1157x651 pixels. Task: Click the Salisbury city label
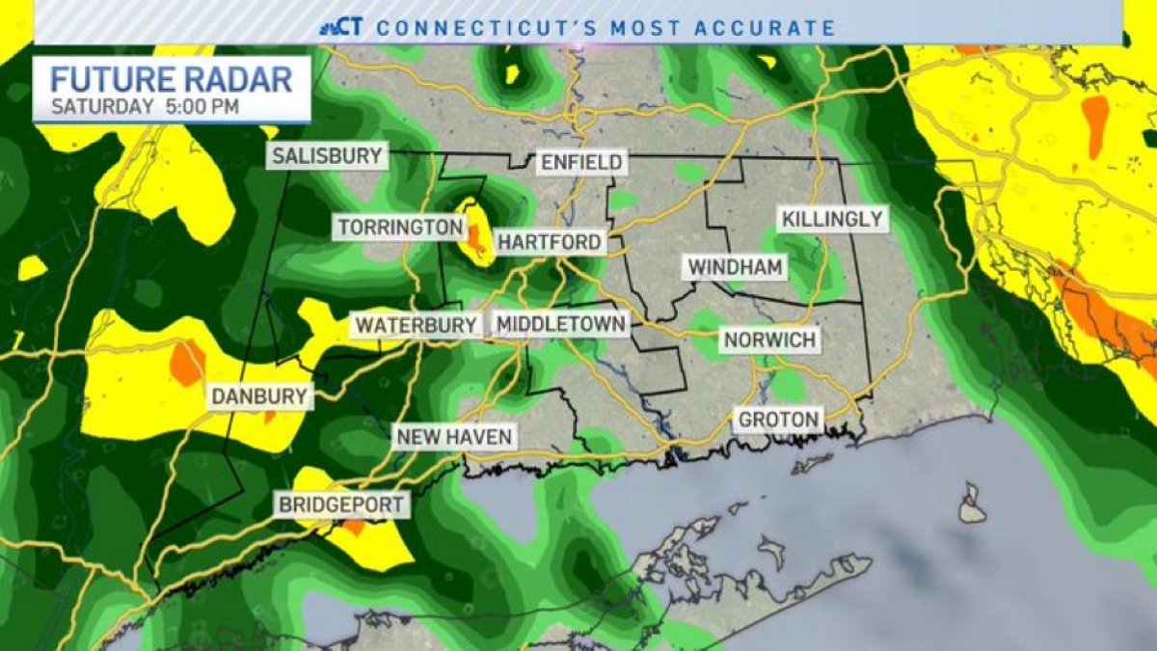[x=328, y=156]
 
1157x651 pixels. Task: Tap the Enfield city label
[x=581, y=162]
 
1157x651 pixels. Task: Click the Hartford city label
[x=550, y=241]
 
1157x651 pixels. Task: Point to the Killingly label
[x=832, y=219]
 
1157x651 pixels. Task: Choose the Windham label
[x=736, y=267]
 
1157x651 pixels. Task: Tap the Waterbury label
[x=416, y=325]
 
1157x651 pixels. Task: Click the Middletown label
[x=561, y=325]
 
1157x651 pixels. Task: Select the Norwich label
[x=769, y=339]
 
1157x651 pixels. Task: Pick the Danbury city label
[x=260, y=395]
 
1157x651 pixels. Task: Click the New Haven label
[x=453, y=437]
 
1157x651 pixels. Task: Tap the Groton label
[x=779, y=420]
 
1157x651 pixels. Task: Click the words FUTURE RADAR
[x=171, y=79]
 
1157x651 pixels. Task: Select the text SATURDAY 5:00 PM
[x=145, y=106]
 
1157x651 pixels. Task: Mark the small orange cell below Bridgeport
[x=354, y=527]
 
